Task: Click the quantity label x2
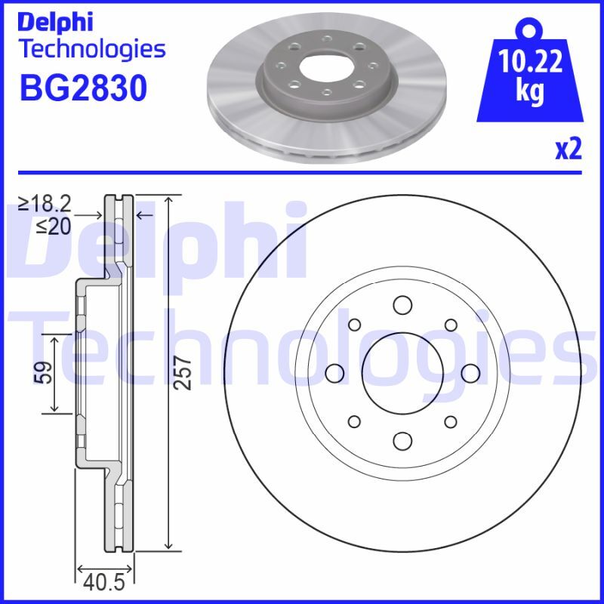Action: [568, 149]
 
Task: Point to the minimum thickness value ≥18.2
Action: [45, 204]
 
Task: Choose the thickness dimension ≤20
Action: [54, 225]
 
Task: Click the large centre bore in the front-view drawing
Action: [402, 373]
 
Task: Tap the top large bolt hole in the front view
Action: [402, 305]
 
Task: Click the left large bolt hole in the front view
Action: [334, 373]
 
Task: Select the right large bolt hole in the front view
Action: [470, 373]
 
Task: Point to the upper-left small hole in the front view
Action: [353, 325]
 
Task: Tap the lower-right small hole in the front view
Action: [450, 421]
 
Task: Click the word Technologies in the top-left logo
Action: [91, 49]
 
